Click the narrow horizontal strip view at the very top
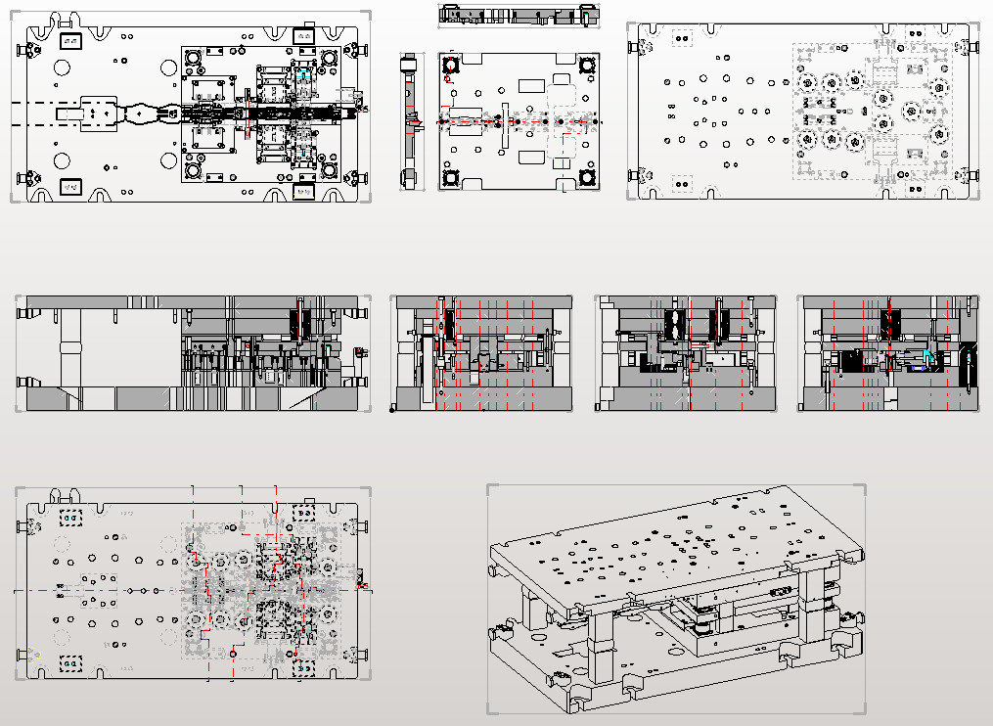pyautogui.click(x=519, y=14)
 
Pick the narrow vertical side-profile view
pyautogui.click(x=409, y=119)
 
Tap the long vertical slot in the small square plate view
pyautogui.click(x=504, y=124)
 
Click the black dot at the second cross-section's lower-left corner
pyautogui.click(x=391, y=409)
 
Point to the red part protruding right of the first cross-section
pyautogui.click(x=359, y=351)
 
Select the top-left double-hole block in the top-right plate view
pyautogui.click(x=683, y=39)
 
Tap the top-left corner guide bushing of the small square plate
pyautogui.click(x=451, y=66)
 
